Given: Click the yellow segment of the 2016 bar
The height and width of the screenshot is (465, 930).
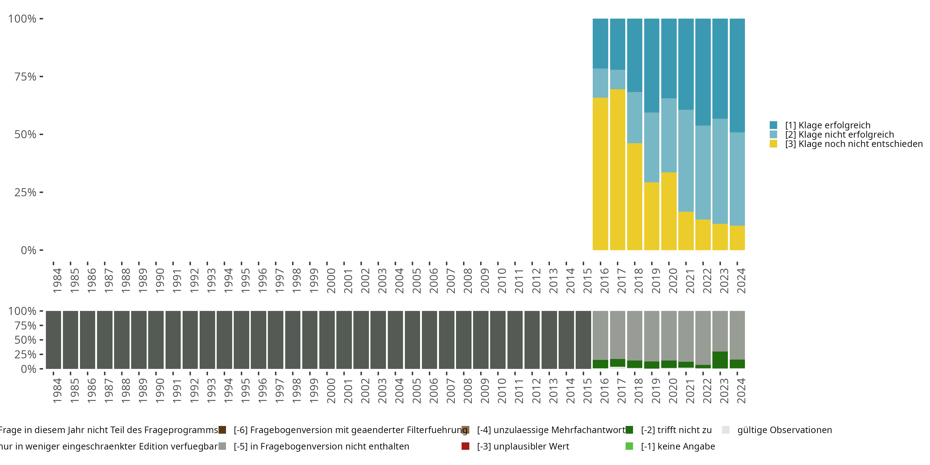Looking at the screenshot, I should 600,174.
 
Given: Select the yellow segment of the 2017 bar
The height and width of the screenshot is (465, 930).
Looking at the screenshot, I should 617,170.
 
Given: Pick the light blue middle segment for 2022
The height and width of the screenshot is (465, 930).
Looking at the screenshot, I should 703,172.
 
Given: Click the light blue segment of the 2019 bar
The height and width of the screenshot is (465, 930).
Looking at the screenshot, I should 652,147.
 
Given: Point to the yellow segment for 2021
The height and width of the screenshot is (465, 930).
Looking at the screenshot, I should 686,231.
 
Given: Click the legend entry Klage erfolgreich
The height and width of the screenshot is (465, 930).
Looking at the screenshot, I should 827,125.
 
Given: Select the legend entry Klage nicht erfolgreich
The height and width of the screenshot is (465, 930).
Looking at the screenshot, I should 839,135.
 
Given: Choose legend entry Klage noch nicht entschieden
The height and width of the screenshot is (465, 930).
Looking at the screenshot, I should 853,144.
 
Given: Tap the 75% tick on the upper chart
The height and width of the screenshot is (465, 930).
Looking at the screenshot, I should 25,77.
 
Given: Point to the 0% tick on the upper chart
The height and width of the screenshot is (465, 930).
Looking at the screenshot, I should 29,250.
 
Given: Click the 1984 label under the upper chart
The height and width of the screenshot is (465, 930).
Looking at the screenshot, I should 57,281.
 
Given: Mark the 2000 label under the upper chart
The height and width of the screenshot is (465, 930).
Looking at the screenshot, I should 331,281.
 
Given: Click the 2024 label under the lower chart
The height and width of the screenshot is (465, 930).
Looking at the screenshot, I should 741,391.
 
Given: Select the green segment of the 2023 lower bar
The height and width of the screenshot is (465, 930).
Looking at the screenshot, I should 720,360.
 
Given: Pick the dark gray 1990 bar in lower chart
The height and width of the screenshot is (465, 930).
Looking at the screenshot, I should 156,340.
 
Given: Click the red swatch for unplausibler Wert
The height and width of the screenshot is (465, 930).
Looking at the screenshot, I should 465,446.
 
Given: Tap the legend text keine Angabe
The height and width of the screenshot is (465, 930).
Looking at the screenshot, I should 678,446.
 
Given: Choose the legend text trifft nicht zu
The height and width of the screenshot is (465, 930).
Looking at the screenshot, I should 676,430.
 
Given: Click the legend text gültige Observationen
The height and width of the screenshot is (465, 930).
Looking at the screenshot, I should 784,430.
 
